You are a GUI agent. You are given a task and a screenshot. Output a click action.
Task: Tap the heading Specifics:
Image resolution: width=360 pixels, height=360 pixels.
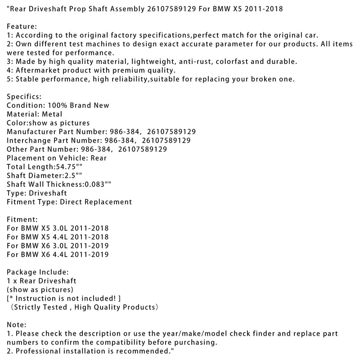[x=23, y=96]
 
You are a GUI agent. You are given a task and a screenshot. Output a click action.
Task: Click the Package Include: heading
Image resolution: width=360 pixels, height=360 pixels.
[x=38, y=272]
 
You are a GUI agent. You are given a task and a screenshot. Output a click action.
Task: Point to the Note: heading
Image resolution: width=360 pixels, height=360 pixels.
[x=17, y=324]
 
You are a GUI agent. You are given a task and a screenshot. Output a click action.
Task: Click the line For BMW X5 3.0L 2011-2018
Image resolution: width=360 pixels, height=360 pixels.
[x=58, y=228]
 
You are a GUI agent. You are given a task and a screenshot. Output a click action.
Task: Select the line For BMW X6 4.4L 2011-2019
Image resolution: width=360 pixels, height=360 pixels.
[x=58, y=254]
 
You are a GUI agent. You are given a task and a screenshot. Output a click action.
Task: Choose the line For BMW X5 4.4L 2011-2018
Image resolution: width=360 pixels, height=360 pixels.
[x=58, y=237]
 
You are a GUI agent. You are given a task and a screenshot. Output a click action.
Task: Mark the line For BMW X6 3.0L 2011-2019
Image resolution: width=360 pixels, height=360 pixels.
[x=58, y=246]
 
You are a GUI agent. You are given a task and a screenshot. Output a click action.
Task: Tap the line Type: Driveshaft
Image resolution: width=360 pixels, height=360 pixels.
[x=37, y=193]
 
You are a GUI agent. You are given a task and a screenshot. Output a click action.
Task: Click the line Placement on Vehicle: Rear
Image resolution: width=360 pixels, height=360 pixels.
[x=57, y=158]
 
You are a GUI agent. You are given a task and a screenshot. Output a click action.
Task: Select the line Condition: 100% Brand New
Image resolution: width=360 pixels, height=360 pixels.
[x=58, y=105]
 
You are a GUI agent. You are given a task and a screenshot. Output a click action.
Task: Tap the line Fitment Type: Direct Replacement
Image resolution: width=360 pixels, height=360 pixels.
[x=70, y=202]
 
